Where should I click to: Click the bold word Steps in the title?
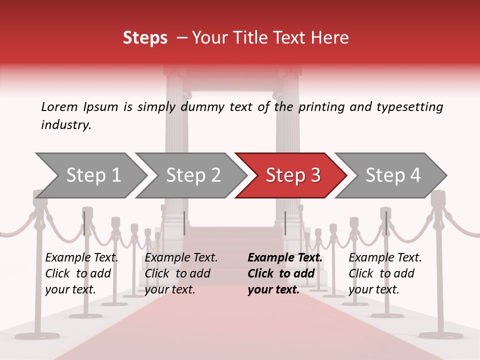point(145,38)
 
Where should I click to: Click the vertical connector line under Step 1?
point(84,223)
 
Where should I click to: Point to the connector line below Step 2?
point(184,223)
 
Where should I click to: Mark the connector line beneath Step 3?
point(285,223)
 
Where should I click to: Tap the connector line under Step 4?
point(386,223)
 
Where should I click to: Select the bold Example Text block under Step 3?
point(284,273)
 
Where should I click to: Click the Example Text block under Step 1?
point(81,273)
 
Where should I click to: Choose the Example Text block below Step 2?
point(181,273)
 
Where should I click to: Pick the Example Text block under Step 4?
point(385,273)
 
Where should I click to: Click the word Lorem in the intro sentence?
point(59,107)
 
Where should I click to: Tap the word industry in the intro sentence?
point(65,125)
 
